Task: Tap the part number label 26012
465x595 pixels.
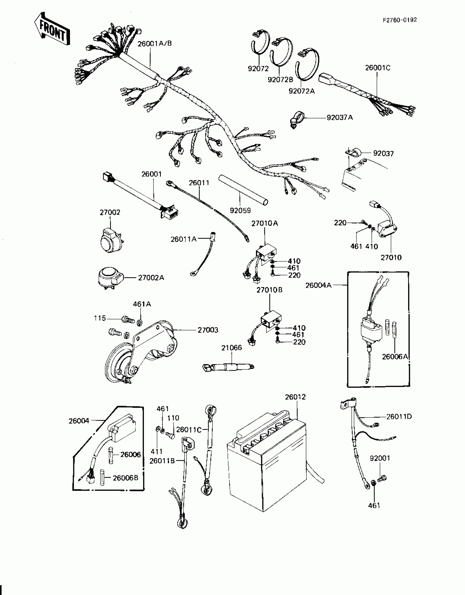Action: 295,397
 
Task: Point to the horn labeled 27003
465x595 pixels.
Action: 142,353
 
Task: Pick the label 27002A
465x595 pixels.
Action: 151,278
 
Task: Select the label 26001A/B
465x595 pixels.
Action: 155,44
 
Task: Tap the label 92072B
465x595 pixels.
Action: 280,80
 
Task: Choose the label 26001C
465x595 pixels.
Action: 378,68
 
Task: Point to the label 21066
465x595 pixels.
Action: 232,348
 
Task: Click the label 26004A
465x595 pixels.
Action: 318,285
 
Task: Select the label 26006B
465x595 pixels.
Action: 126,478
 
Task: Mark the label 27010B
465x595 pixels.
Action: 269,290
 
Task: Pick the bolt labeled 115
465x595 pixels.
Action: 127,319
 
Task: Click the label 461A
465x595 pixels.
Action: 142,304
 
